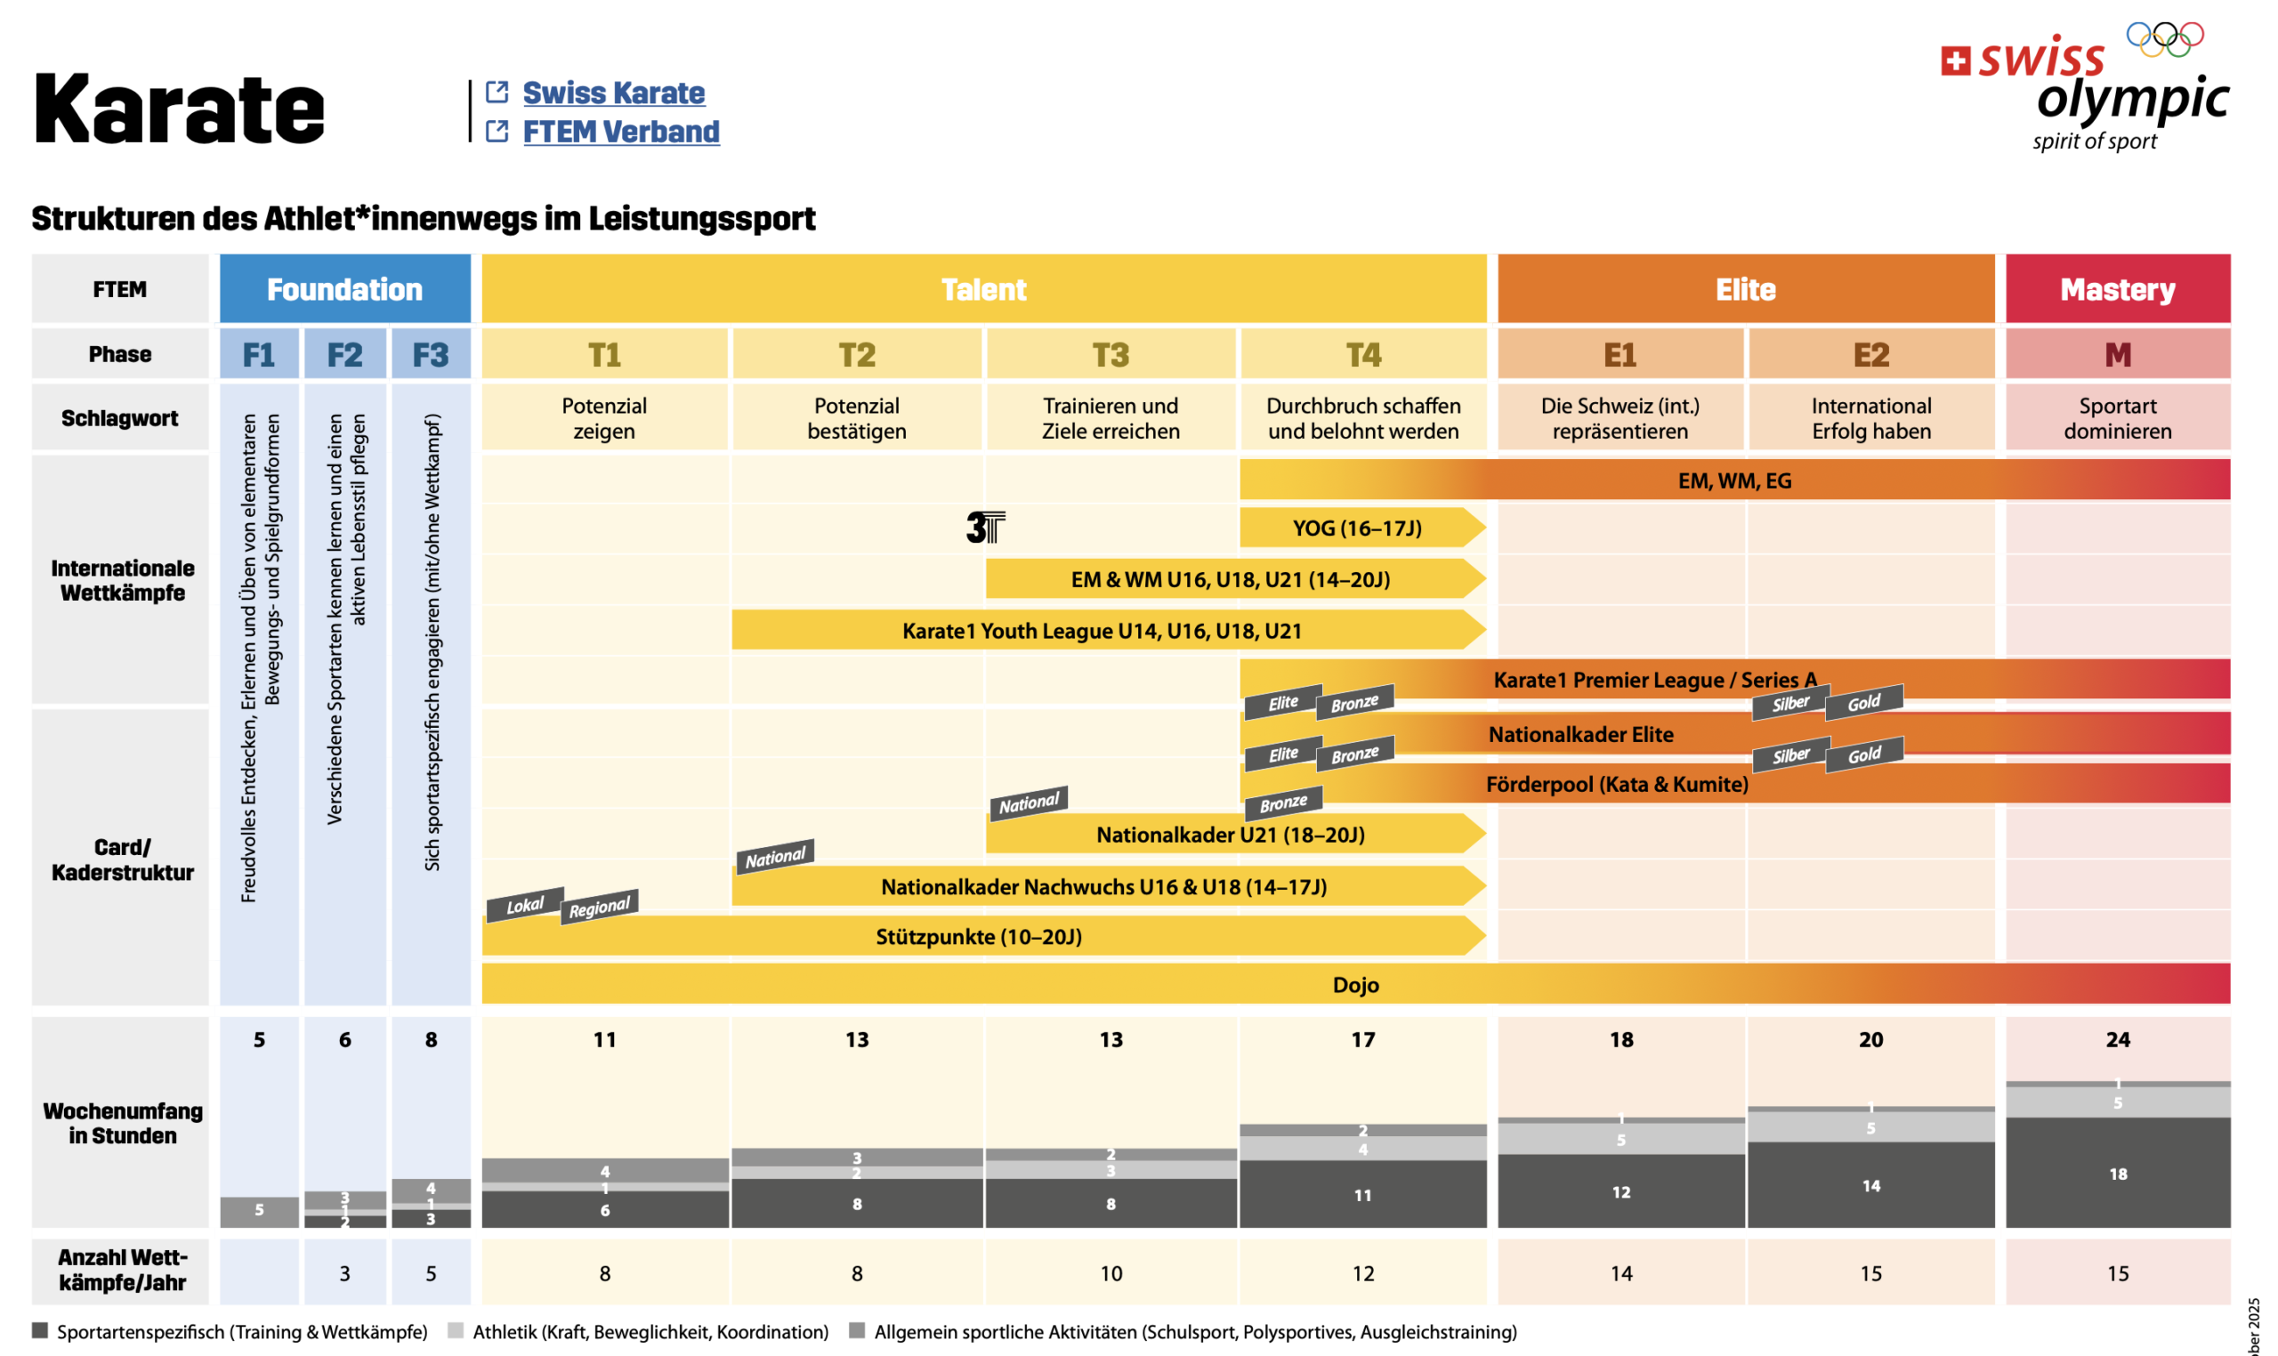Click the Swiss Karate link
[x=613, y=93]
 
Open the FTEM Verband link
[x=620, y=133]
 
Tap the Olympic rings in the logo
[x=2164, y=37]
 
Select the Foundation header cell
[x=344, y=290]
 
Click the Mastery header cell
[x=2116, y=290]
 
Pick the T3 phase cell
[x=1111, y=354]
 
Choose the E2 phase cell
[x=1870, y=354]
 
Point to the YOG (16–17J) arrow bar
[x=1357, y=529]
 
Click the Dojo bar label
[x=1355, y=985]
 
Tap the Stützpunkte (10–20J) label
[x=978, y=937]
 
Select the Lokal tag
[x=524, y=906]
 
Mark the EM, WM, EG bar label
[x=1733, y=480]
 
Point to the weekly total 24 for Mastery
[x=2116, y=1040]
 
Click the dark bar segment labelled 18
[x=2116, y=1174]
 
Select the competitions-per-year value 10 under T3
[x=1111, y=1274]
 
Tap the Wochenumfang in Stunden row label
[x=123, y=1124]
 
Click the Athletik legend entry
[x=649, y=1332]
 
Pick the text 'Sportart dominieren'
[x=2116, y=418]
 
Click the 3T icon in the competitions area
[x=985, y=528]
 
